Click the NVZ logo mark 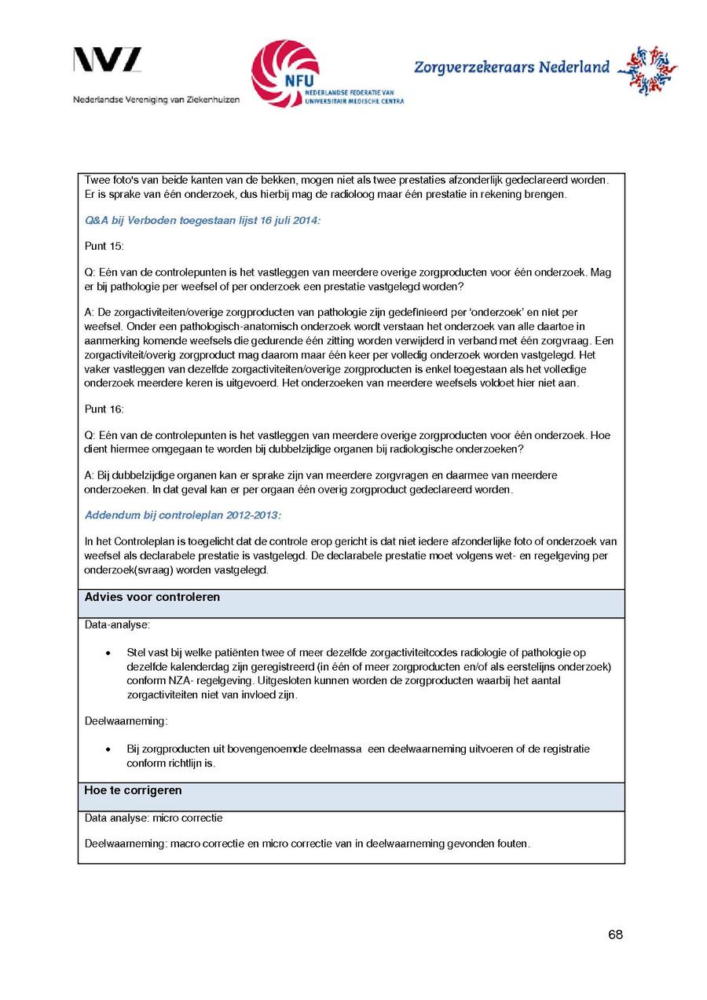(108, 60)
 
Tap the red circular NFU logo (285, 73)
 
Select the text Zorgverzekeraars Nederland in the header (511, 68)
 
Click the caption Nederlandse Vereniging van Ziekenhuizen (156, 100)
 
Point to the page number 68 (615, 935)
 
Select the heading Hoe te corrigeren (133, 790)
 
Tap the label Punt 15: (104, 246)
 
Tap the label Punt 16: (104, 408)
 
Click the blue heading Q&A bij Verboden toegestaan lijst (203, 221)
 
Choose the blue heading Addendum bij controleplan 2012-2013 (183, 515)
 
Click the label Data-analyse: (117, 625)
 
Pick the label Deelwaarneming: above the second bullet (126, 720)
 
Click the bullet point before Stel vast (107, 654)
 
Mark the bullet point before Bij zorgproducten (107, 749)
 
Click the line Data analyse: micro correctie (153, 818)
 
